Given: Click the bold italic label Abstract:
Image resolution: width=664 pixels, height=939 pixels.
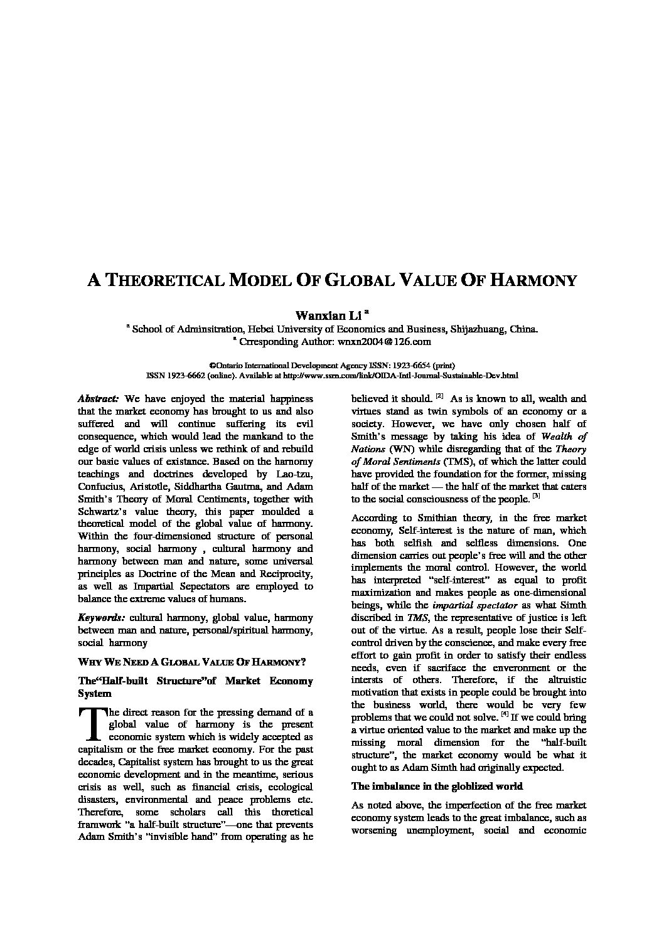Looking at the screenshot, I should pos(98,398).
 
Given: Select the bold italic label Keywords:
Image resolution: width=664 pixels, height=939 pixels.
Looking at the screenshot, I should pos(100,617).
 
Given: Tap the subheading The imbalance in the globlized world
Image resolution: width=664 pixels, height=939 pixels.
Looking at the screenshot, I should pos(437,786).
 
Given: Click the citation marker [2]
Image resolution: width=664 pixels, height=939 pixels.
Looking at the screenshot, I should pos(439,396).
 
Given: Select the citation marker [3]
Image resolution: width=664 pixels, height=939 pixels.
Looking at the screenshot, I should pos(535,496).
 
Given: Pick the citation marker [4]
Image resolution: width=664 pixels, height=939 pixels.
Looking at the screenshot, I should pos(504,715).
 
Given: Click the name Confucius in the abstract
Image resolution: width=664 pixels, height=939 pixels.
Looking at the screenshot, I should pos(101,486).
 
